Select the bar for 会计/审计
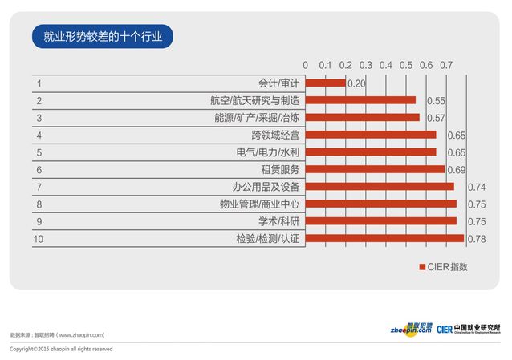(325, 83)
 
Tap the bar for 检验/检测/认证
(384, 238)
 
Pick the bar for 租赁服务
(375, 169)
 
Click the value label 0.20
(356, 83)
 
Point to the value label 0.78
(476, 239)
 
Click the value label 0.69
(456, 170)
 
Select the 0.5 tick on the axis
(406, 64)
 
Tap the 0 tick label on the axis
(305, 64)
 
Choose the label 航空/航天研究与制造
(254, 100)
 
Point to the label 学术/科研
(278, 221)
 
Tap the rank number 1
(39, 83)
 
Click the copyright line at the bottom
(61, 350)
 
